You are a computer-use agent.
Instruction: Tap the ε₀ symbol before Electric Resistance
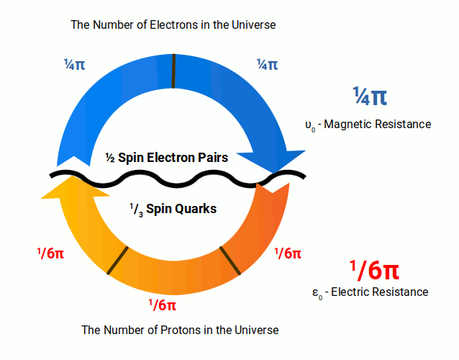[316, 293]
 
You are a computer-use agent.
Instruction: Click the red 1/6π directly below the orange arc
[162, 305]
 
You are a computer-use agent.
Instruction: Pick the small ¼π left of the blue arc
[74, 65]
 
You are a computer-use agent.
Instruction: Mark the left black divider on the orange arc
[118, 260]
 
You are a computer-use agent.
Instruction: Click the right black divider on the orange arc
[229, 259]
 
